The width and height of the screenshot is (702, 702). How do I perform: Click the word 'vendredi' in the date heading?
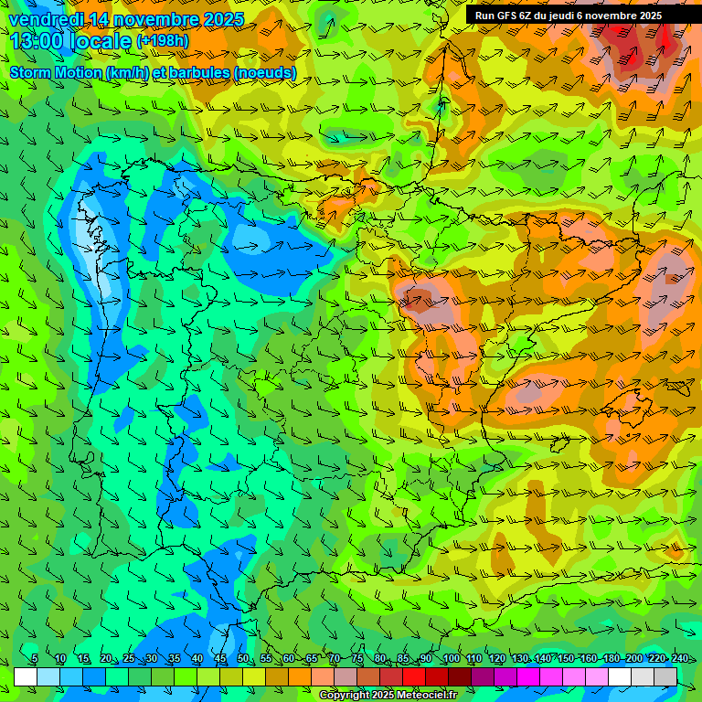(x=42, y=19)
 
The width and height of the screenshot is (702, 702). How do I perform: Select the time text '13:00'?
(x=42, y=40)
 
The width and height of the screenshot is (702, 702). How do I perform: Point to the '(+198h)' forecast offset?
(x=163, y=40)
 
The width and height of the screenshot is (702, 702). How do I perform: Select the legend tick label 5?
(x=35, y=659)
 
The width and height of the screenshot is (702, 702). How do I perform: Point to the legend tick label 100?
(x=451, y=659)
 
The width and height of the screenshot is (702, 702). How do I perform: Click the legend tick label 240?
(x=679, y=659)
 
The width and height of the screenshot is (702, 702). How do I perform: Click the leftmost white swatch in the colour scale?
(x=26, y=676)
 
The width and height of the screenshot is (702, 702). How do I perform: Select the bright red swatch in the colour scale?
(x=414, y=676)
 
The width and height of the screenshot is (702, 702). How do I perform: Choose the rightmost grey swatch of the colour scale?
(x=665, y=676)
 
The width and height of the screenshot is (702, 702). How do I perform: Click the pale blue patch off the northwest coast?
(x=91, y=229)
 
